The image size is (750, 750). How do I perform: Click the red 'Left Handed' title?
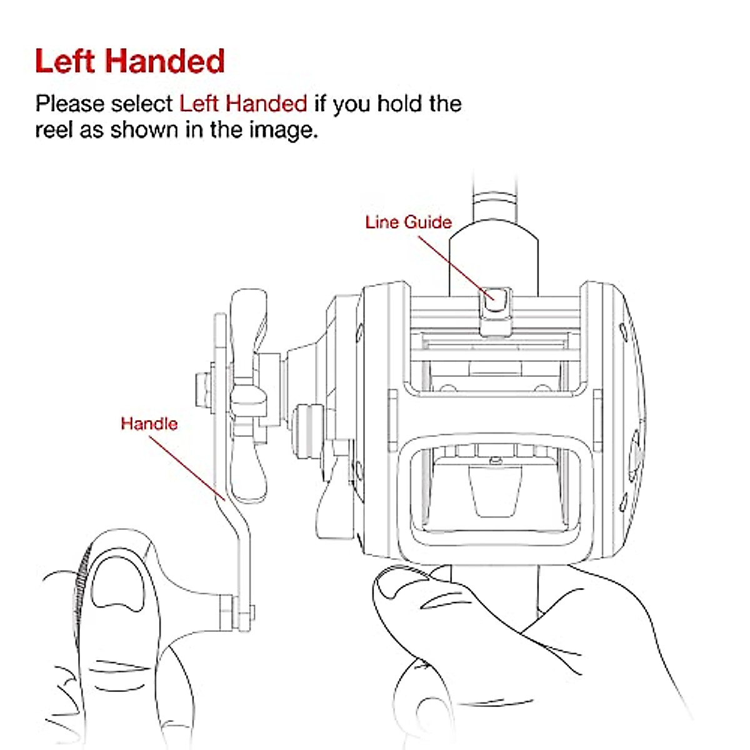tap(129, 61)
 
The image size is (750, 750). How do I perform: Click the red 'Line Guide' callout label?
tap(408, 222)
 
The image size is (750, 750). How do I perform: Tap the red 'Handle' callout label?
tap(149, 423)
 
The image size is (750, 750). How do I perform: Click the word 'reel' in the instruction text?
tap(54, 130)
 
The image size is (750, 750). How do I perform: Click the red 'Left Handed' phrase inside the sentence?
tap(243, 103)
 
